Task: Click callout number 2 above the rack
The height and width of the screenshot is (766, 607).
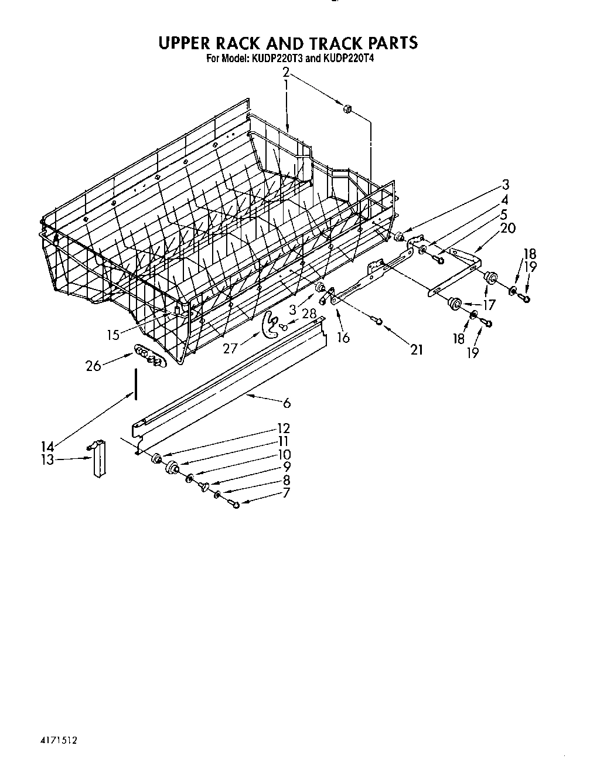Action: (x=286, y=73)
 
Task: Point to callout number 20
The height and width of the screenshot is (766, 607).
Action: (x=507, y=227)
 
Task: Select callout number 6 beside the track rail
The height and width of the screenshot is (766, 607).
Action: (x=287, y=403)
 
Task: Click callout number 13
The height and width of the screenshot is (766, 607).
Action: (x=47, y=459)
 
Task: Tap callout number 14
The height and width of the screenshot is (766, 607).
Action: (x=47, y=447)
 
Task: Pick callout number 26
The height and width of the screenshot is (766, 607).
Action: (x=93, y=366)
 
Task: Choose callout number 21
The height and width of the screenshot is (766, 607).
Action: (x=417, y=350)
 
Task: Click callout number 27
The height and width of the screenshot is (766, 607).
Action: (x=230, y=348)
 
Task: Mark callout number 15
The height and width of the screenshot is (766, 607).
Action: (x=113, y=335)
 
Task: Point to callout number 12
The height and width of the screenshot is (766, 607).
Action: (x=284, y=428)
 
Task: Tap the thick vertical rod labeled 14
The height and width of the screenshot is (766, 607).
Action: (x=136, y=384)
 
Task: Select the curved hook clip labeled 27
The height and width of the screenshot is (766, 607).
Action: (x=271, y=325)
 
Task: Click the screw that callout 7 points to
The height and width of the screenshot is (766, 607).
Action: (x=236, y=503)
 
